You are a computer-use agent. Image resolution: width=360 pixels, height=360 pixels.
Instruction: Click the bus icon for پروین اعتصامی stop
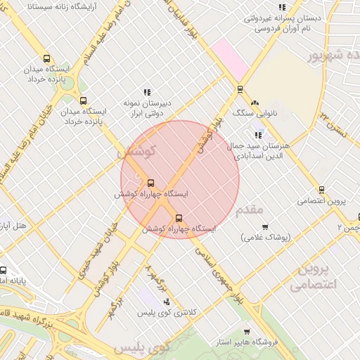pyautogui.click(x=321, y=189)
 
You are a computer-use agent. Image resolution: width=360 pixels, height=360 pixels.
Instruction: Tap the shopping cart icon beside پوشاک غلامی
pyautogui.click(x=265, y=226)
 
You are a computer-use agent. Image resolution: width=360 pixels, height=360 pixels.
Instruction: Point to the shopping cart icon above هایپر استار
pyautogui.click(x=246, y=331)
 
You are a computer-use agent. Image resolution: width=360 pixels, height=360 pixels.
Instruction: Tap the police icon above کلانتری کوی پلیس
pyautogui.click(x=167, y=301)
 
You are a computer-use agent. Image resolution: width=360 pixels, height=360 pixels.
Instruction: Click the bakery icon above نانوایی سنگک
pyautogui.click(x=255, y=103)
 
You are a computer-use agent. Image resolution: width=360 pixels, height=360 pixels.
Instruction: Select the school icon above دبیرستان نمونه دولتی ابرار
pyautogui.click(x=147, y=92)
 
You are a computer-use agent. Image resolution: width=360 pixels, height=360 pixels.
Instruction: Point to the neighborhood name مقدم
pyautogui.click(x=250, y=209)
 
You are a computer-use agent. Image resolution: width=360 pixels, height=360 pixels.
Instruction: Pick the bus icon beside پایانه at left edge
pyautogui.click(x=4, y=271)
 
